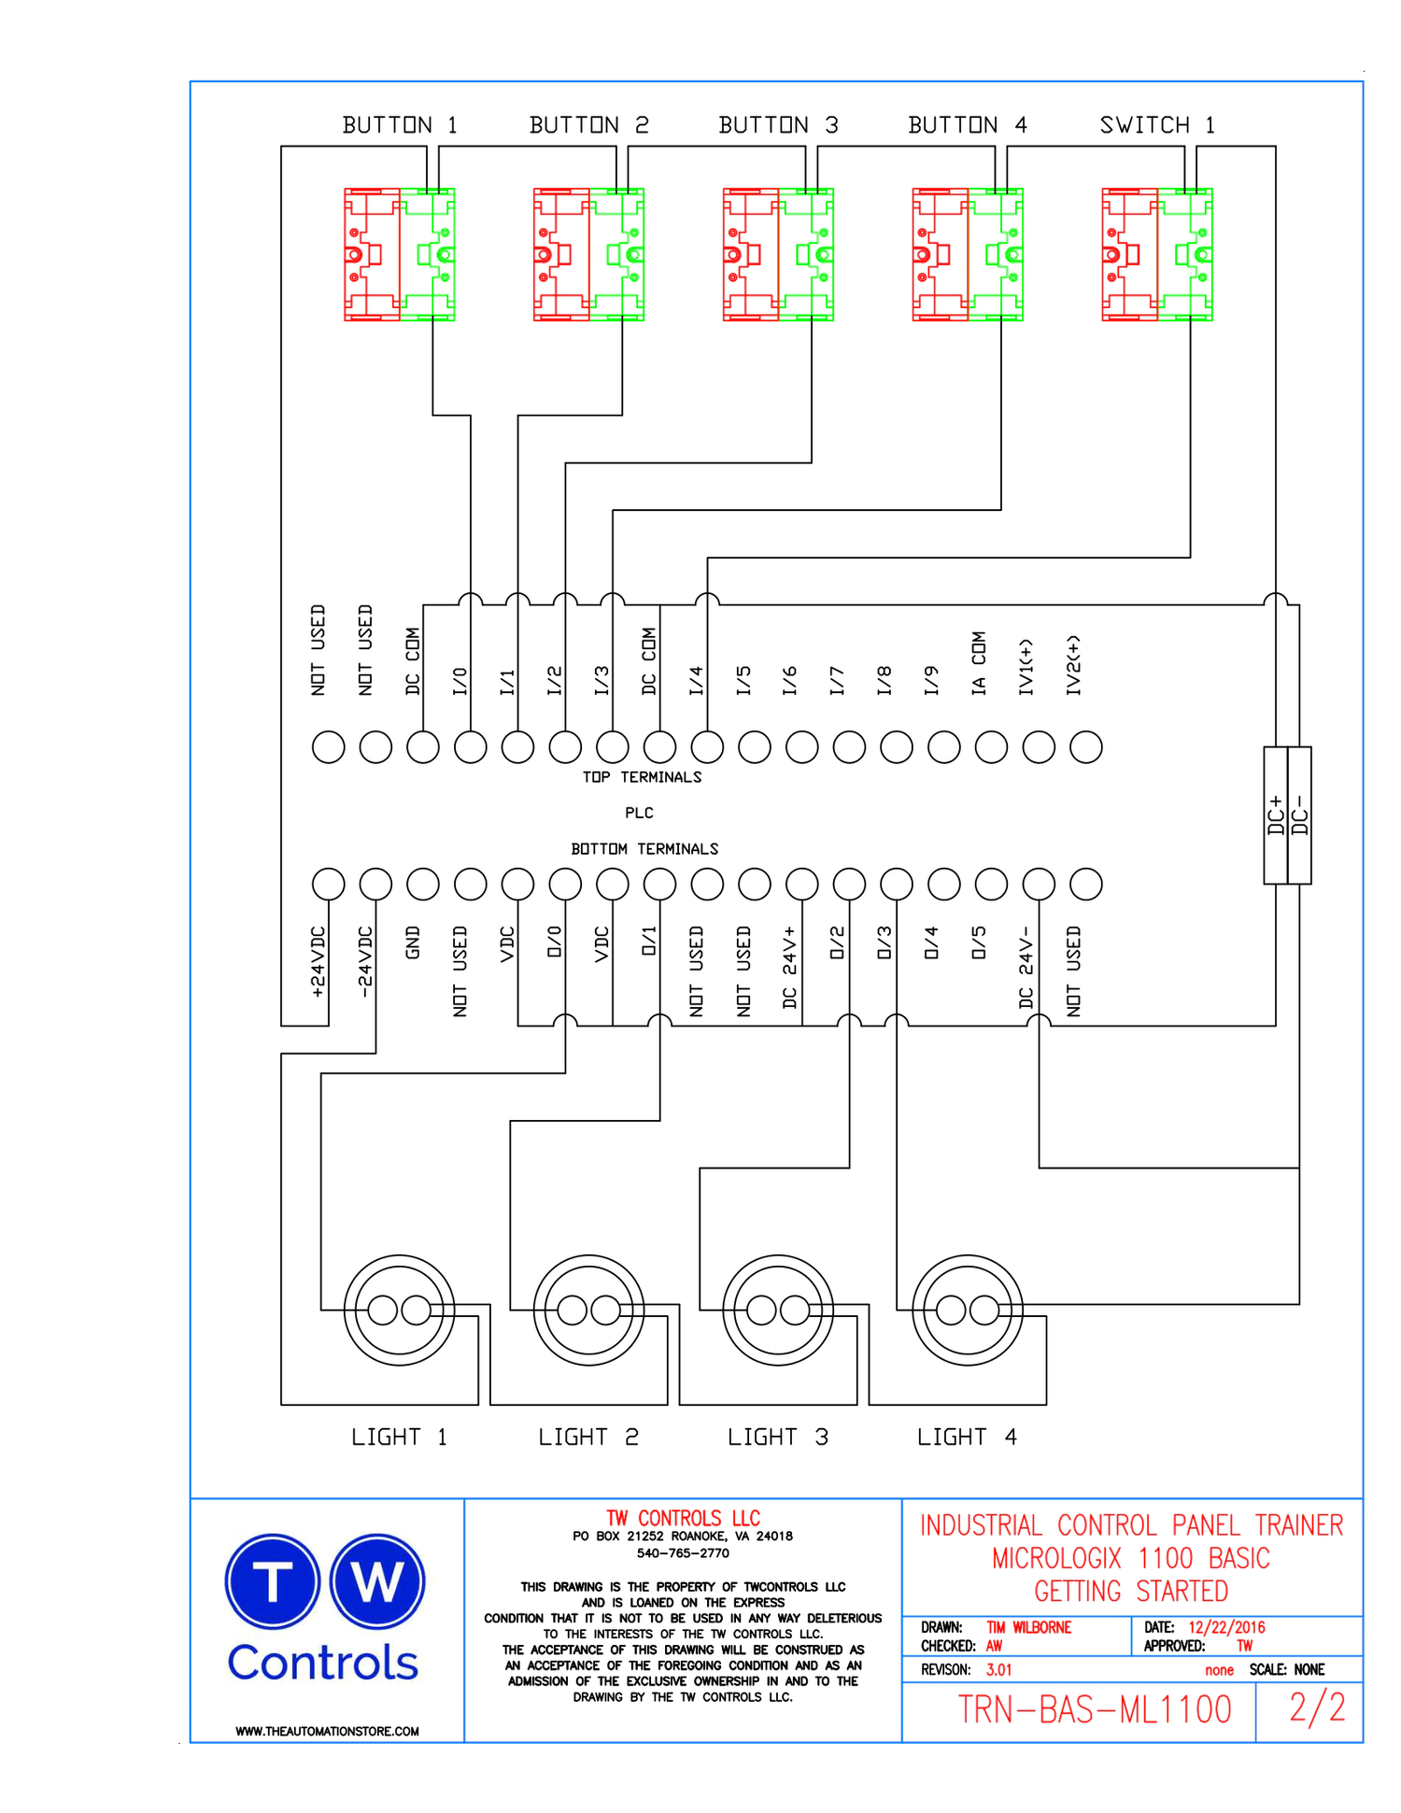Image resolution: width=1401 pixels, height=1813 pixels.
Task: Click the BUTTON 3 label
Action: [778, 125]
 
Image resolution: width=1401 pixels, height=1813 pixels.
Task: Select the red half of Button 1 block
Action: [372, 255]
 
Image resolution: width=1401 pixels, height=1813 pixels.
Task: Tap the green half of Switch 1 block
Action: [1185, 255]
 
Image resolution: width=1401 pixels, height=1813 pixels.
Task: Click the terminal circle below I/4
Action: [707, 747]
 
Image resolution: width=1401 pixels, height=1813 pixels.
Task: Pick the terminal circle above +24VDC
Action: [328, 884]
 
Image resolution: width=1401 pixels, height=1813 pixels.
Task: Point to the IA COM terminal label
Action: [978, 663]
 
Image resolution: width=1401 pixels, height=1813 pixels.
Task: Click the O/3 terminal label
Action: [884, 943]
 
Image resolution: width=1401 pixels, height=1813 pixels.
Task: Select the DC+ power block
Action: [1276, 815]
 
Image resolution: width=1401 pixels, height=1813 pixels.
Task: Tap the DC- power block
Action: [1300, 815]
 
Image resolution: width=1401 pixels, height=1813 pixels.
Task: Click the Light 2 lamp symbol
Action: [588, 1310]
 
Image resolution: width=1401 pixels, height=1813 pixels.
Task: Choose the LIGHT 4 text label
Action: [967, 1438]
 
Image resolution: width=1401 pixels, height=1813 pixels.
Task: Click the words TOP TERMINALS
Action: [642, 777]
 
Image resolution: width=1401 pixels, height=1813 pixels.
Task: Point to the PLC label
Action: [639, 814]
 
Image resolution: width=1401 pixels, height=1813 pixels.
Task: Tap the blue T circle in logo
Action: [273, 1582]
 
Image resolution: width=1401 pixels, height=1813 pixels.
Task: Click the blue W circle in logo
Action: [377, 1582]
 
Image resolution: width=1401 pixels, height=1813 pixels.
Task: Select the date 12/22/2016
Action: [1226, 1627]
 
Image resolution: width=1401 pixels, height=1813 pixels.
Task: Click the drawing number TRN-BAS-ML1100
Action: [1095, 1709]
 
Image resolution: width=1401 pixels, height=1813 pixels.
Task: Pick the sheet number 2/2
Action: [1317, 1707]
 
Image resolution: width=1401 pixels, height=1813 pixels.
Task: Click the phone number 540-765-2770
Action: [683, 1553]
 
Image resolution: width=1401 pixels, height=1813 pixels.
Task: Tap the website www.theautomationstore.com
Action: [327, 1731]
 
